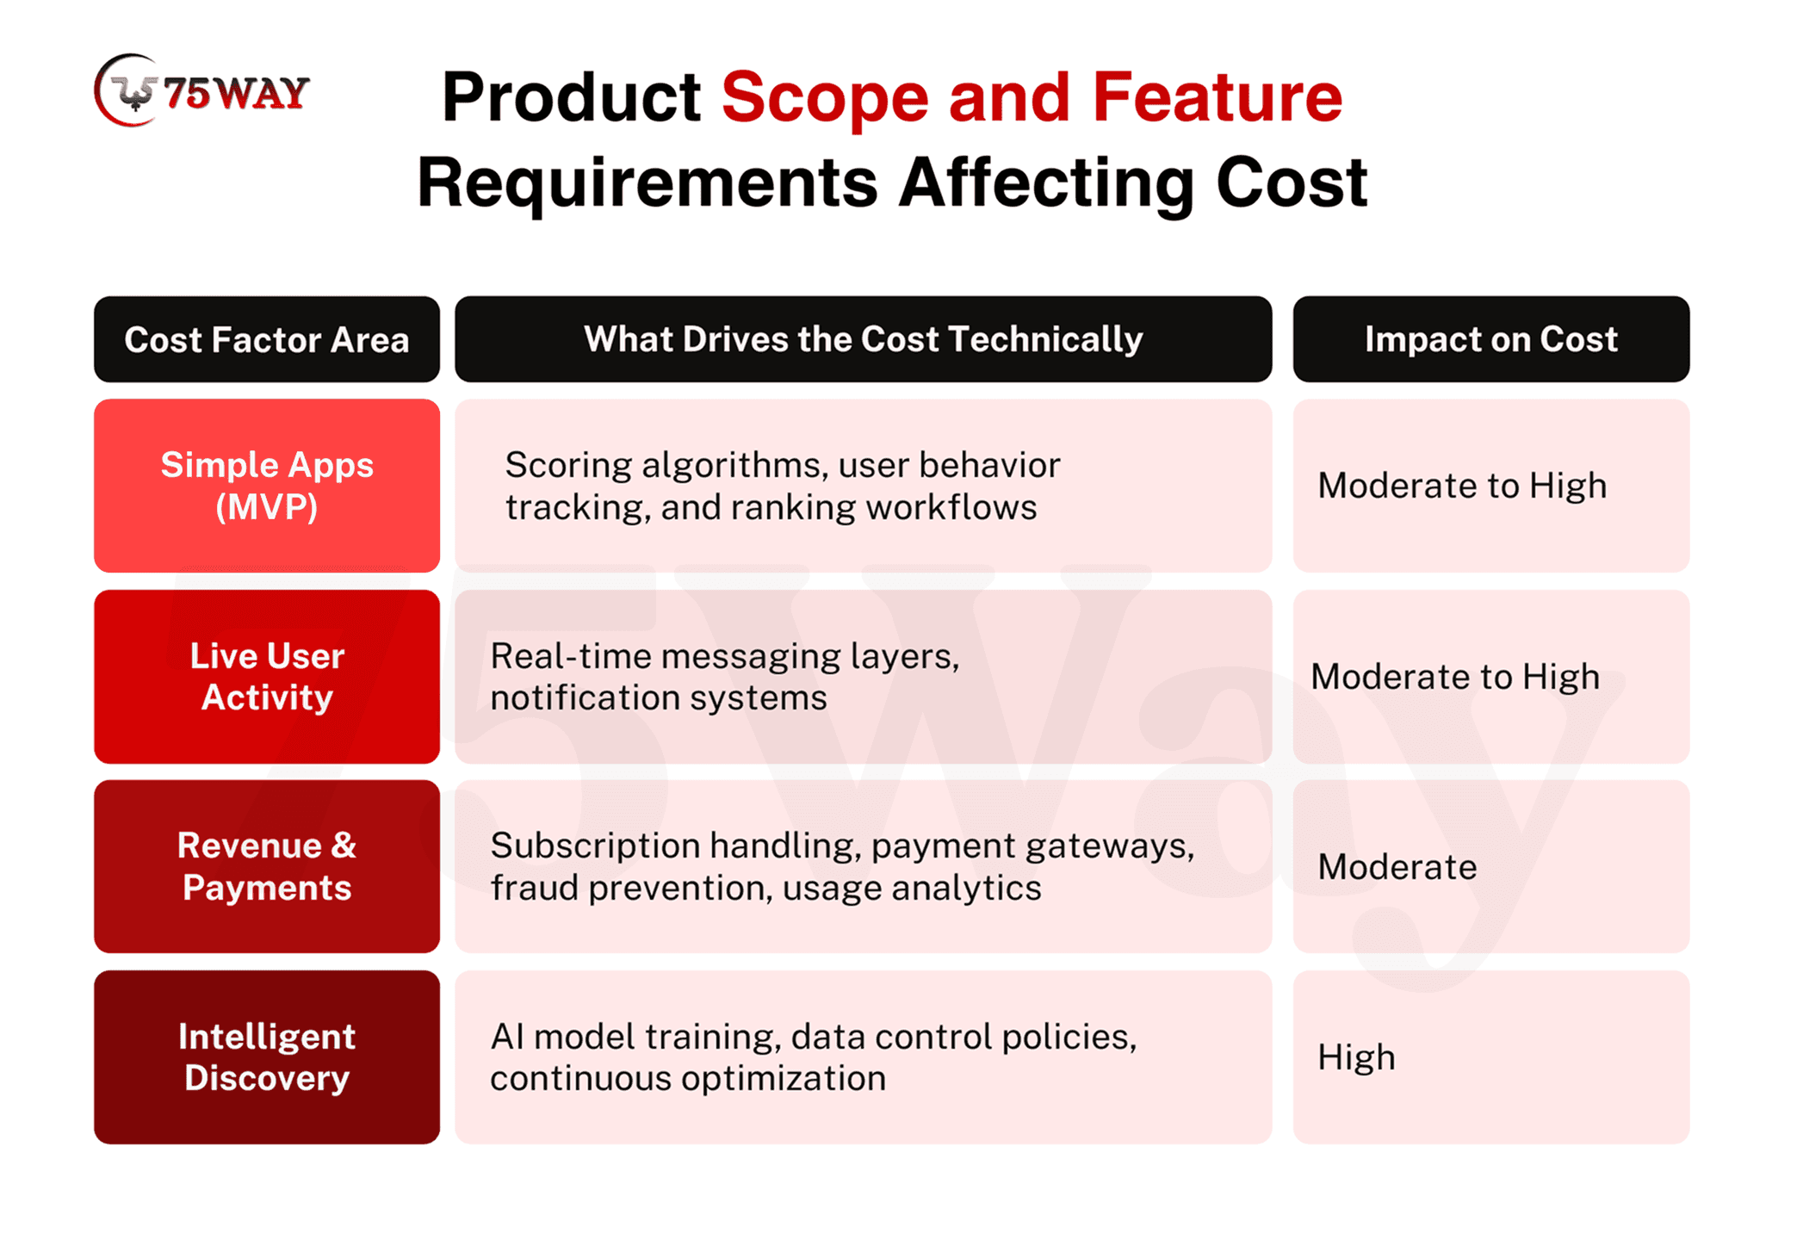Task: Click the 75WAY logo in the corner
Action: tap(201, 90)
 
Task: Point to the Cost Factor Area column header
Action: tap(267, 339)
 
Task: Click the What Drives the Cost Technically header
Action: tap(863, 339)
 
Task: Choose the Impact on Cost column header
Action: tap(1490, 339)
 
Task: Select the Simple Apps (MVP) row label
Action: tap(267, 486)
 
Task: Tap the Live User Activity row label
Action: tap(267, 677)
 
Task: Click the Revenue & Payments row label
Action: tap(267, 866)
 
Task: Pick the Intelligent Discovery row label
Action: tap(267, 1057)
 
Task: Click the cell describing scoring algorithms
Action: tap(863, 486)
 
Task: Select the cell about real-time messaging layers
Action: tap(863, 677)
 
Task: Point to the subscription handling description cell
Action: tap(863, 866)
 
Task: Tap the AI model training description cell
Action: tap(863, 1057)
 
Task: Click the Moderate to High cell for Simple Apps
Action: tap(1490, 486)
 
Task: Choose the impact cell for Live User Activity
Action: tap(1490, 677)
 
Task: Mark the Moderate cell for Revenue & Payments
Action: tap(1490, 866)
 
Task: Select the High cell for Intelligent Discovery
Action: tap(1490, 1057)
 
